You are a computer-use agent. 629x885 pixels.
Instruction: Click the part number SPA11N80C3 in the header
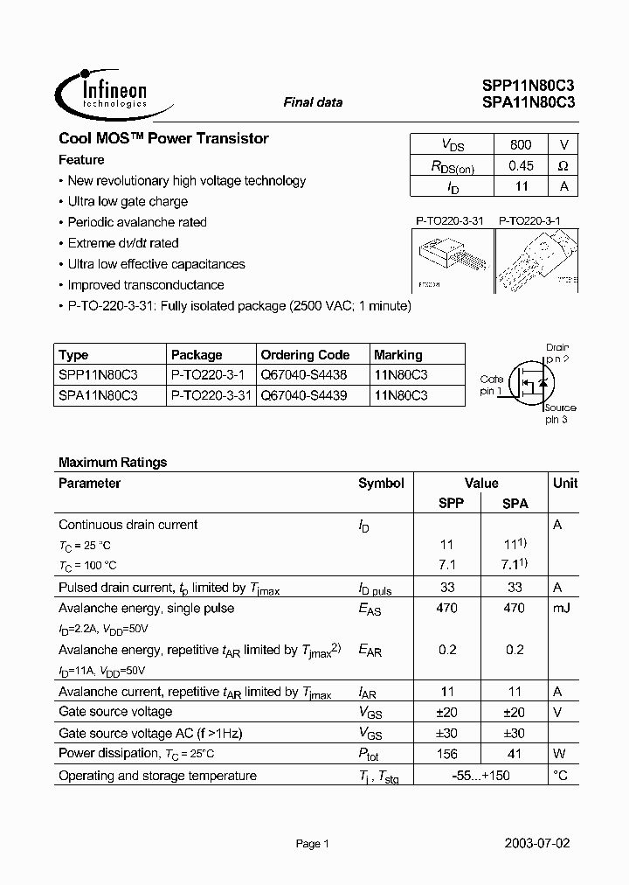click(528, 102)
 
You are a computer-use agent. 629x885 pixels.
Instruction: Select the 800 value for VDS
click(520, 144)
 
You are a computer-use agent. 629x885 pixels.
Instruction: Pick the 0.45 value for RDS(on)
click(520, 165)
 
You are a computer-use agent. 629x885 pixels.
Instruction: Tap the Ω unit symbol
click(563, 165)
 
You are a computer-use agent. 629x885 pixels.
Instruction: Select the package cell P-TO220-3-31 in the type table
click(211, 395)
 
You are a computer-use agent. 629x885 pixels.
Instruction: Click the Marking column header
click(397, 355)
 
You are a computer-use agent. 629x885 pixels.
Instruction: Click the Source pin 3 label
click(558, 414)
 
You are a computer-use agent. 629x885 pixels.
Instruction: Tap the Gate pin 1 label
click(491, 385)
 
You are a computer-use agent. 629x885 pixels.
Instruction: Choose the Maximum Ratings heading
click(113, 463)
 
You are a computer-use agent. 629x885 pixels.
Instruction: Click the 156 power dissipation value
click(446, 754)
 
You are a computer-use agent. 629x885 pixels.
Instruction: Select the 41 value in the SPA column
click(515, 754)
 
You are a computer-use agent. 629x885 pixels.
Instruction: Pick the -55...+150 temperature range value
click(480, 776)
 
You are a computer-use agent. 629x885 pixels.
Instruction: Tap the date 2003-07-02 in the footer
click(537, 845)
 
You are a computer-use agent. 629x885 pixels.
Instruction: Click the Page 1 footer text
click(312, 845)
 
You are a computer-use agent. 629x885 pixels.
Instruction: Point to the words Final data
click(313, 102)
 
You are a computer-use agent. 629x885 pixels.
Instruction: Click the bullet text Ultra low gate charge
click(127, 201)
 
